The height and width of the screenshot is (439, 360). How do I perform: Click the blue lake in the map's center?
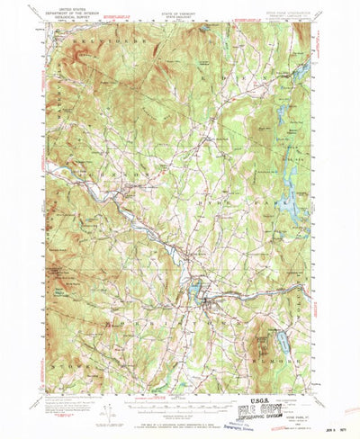tap(194, 291)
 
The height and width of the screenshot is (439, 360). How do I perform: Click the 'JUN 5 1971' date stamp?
tap(336, 431)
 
